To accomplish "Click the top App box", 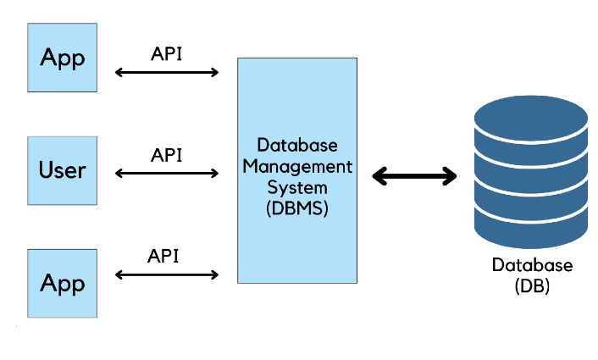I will coord(63,57).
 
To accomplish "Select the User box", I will coord(63,170).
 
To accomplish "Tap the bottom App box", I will coord(63,283).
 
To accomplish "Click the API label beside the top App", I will coord(166,53).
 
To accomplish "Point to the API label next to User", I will coord(166,155).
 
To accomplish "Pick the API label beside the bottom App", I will coord(163,256).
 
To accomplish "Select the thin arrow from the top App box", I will coord(167,73).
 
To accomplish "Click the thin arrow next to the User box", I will coord(167,174).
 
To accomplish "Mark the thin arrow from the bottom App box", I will coord(167,274).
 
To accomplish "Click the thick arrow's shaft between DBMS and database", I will coord(415,176).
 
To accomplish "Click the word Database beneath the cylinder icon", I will coord(532,265).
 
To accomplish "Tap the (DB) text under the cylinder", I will coord(532,286).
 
